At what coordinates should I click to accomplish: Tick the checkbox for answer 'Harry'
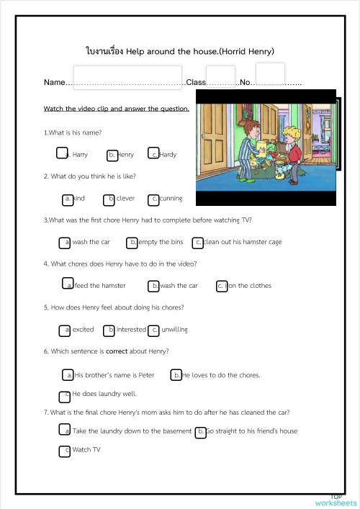point(62,153)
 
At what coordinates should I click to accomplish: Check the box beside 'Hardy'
point(153,153)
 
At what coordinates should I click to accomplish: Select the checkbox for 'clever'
point(109,199)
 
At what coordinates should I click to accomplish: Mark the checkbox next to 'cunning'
point(153,199)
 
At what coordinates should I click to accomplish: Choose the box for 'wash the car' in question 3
point(64,242)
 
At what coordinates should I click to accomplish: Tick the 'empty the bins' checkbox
point(132,242)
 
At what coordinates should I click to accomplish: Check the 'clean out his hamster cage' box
point(197,242)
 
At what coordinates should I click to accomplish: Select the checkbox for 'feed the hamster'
point(68,284)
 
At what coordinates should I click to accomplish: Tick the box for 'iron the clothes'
point(222,286)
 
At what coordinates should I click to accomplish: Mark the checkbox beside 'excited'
point(64,330)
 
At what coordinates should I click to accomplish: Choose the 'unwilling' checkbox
point(153,330)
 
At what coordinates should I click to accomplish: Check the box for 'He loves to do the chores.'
point(176,374)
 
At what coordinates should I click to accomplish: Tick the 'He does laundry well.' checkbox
point(64,395)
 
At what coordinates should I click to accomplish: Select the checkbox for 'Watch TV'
point(64,450)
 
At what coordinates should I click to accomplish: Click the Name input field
point(127,77)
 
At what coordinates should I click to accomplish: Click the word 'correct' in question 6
point(117,351)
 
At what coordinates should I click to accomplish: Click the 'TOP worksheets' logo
point(335,500)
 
